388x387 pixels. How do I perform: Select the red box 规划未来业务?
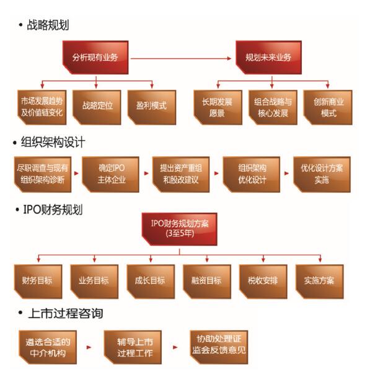point(268,58)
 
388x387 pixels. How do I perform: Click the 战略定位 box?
point(97,106)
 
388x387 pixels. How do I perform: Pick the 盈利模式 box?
point(151,106)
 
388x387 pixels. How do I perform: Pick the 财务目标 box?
point(37,281)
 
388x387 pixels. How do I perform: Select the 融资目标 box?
point(206,281)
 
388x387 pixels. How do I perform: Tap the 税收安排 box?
point(262,281)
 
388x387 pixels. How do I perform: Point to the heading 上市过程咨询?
point(64,313)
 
